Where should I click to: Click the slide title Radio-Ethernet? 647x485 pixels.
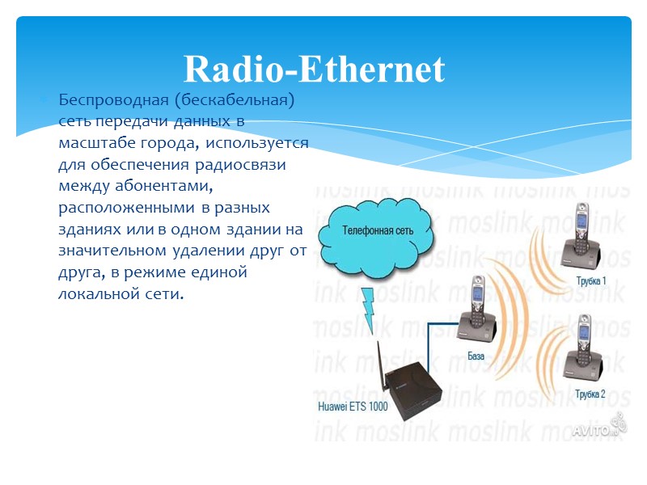click(x=314, y=70)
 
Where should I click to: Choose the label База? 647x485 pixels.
click(x=476, y=356)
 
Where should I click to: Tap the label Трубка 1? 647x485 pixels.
click(x=590, y=280)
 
